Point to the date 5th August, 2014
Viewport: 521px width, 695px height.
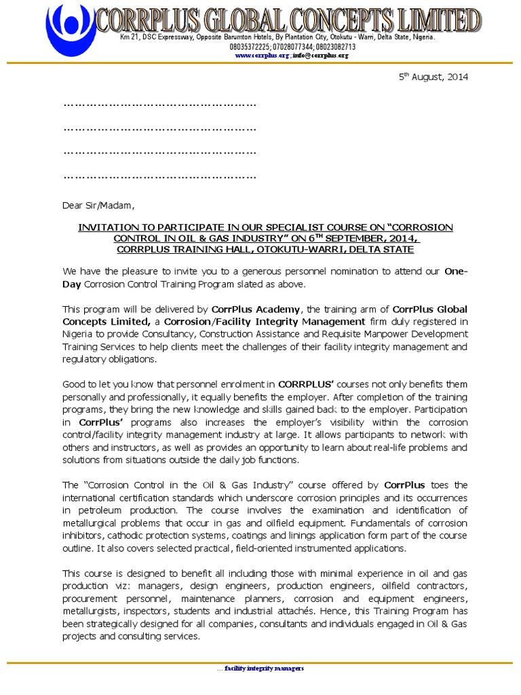coord(433,77)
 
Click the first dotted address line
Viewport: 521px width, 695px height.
coord(159,105)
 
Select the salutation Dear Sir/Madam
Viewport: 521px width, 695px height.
coord(98,205)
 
